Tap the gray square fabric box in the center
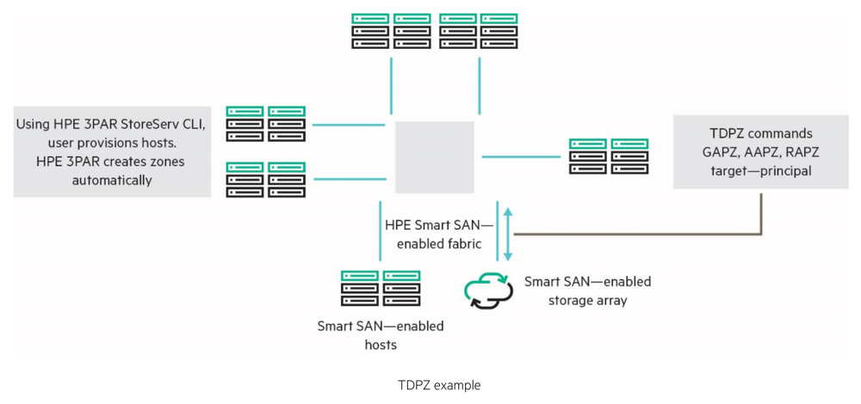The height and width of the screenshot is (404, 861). pyautogui.click(x=434, y=157)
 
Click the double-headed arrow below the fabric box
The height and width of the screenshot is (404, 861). pyautogui.click(x=508, y=233)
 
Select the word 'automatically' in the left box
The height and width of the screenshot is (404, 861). pyautogui.click(x=112, y=181)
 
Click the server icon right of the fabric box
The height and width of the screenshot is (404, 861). pyautogui.click(x=608, y=157)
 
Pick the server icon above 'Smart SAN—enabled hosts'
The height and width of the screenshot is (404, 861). pyautogui.click(x=380, y=289)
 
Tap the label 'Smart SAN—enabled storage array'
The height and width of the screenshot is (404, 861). pyautogui.click(x=587, y=291)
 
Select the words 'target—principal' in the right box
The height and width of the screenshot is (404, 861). pyautogui.click(x=763, y=173)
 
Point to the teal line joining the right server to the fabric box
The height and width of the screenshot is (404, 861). pyautogui.click(x=520, y=157)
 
